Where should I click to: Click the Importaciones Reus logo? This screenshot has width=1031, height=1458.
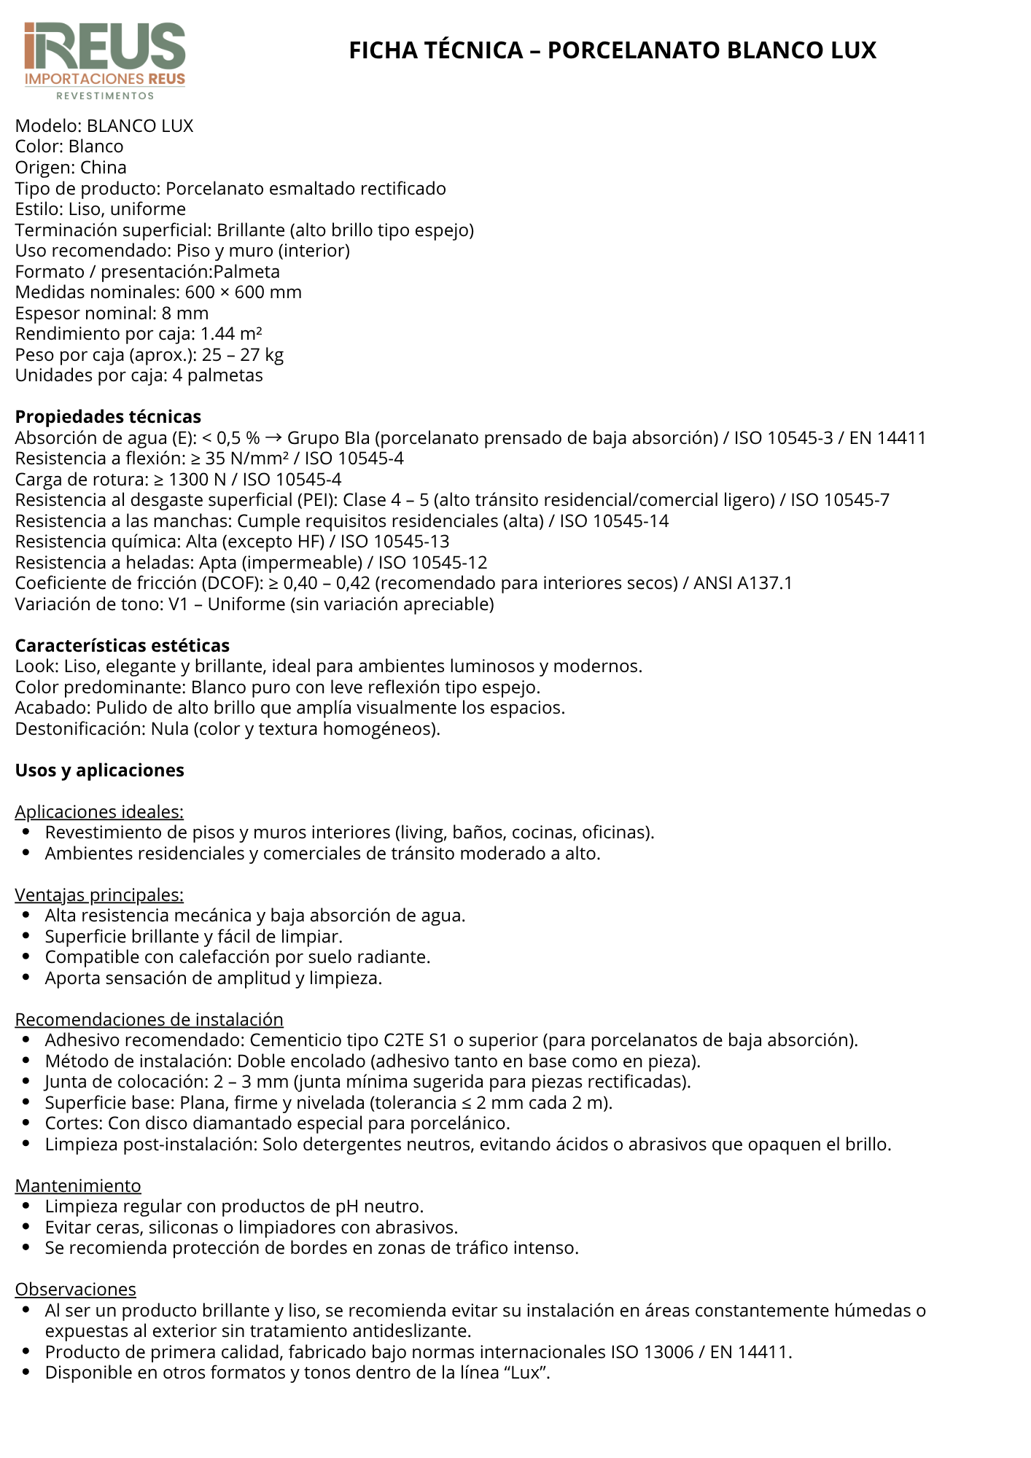(x=105, y=60)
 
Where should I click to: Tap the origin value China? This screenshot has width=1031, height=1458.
(x=103, y=168)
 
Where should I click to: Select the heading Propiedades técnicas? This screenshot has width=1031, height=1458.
(x=108, y=417)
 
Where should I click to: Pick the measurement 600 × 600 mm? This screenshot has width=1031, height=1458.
(x=243, y=292)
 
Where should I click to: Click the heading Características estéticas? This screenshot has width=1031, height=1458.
(x=122, y=646)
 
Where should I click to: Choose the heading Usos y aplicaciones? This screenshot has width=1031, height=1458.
(x=99, y=771)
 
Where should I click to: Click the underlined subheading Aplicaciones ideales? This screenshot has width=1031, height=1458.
(x=99, y=812)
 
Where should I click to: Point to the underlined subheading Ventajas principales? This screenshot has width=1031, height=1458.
(x=99, y=895)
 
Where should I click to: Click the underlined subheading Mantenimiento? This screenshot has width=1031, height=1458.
(x=78, y=1186)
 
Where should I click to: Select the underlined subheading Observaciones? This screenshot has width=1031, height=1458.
(x=75, y=1290)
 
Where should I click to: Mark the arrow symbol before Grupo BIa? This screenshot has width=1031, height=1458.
(x=273, y=438)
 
